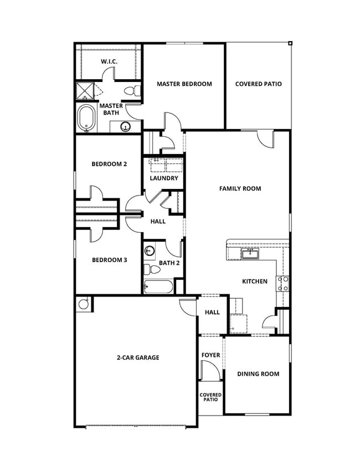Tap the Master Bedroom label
[x=184, y=84]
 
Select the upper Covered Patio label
[x=258, y=84]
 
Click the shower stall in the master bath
[x=85, y=90]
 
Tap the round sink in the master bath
[x=126, y=126]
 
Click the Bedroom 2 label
[x=109, y=164]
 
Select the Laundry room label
[x=164, y=178]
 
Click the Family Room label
[x=240, y=189]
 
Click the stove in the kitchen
[x=282, y=284]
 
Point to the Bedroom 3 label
[x=109, y=260]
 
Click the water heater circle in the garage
[x=84, y=304]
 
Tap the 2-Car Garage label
[x=137, y=358]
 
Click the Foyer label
[x=210, y=355]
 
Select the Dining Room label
[x=258, y=374]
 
